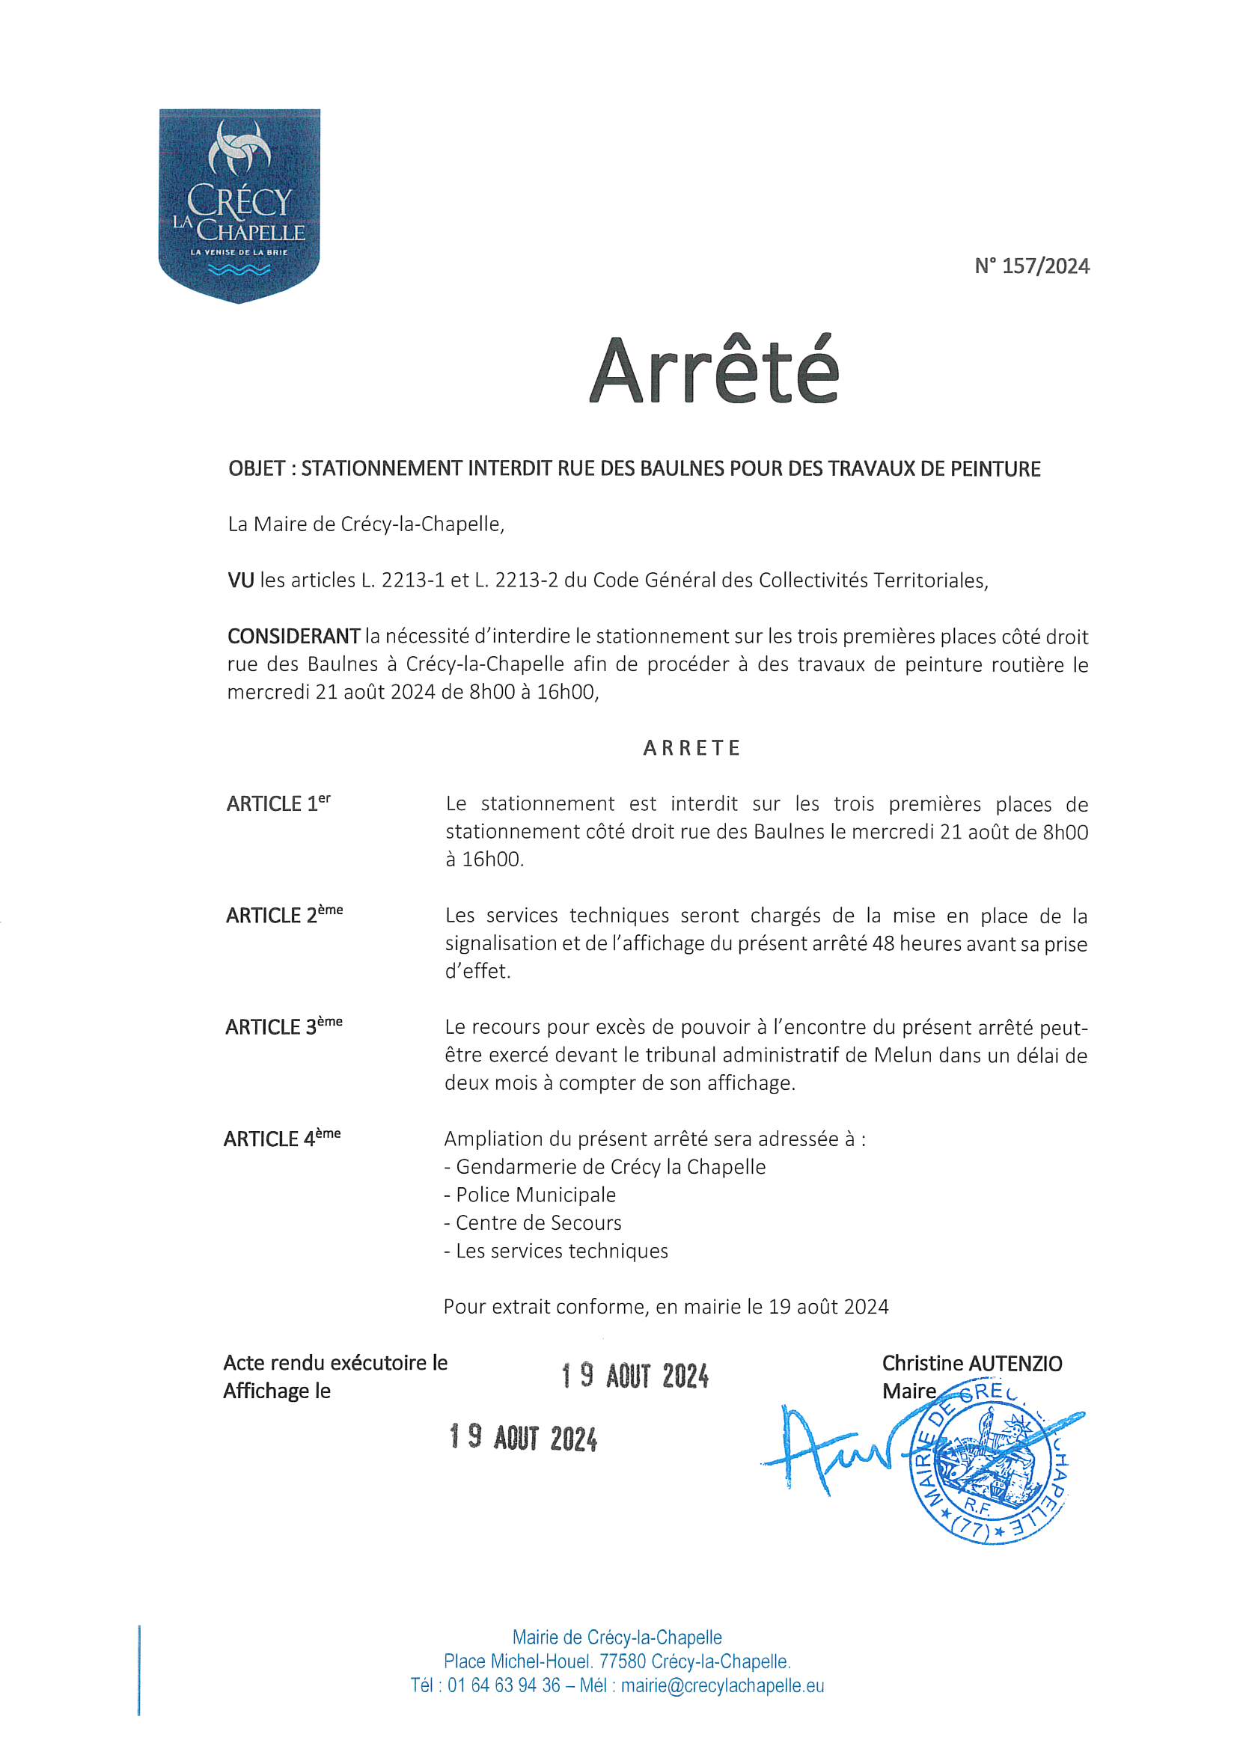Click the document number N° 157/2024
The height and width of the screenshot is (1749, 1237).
click(1031, 266)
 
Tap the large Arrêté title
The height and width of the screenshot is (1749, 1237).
click(713, 371)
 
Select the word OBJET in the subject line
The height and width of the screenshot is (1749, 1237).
click(257, 468)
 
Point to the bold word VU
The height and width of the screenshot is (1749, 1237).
click(240, 581)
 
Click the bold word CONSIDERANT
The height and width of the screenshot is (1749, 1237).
click(293, 636)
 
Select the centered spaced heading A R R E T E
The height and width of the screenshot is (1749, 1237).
click(691, 748)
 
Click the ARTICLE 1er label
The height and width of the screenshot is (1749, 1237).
click(278, 803)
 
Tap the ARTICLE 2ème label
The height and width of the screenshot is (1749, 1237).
click(284, 914)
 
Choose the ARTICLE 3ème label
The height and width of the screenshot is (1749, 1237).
click(284, 1026)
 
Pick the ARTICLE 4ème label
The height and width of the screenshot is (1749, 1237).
click(282, 1138)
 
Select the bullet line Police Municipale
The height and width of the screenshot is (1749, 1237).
click(531, 1195)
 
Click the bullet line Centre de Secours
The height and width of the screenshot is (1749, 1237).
click(534, 1222)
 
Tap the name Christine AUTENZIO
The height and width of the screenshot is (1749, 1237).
click(972, 1364)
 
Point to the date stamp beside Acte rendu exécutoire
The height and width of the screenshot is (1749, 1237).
click(635, 1376)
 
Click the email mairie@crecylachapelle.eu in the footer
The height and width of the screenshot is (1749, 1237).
click(723, 1685)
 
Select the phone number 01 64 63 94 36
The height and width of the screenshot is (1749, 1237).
click(504, 1685)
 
